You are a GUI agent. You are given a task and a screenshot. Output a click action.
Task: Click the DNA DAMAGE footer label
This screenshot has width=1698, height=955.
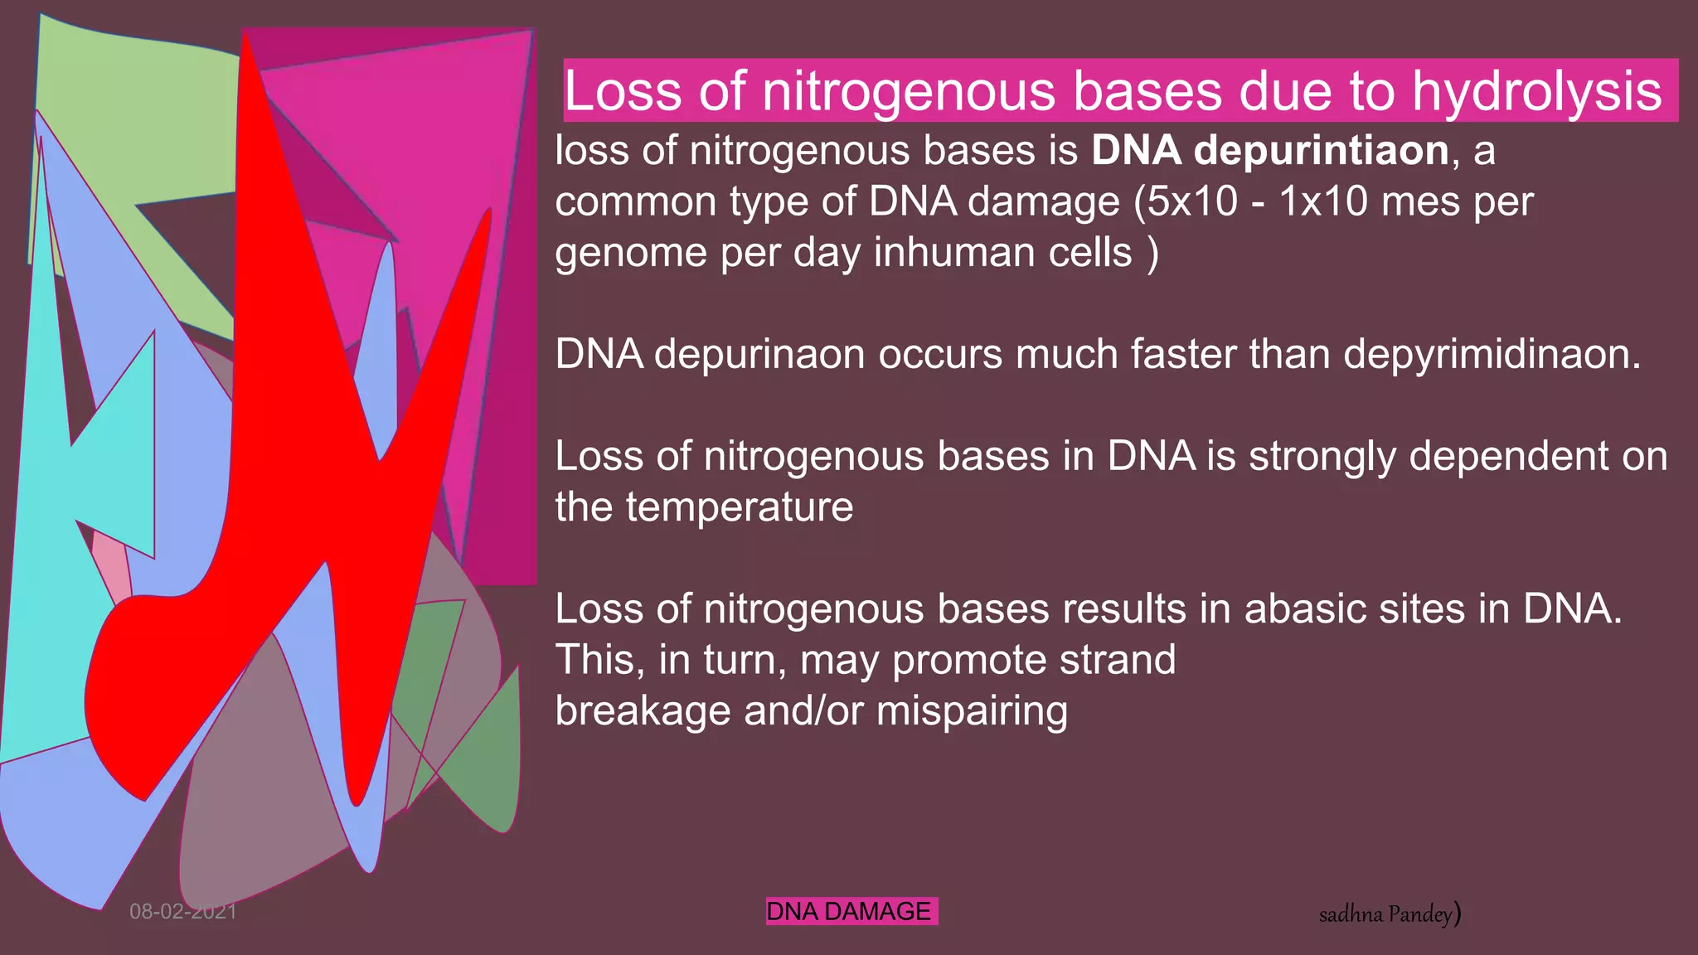point(851,911)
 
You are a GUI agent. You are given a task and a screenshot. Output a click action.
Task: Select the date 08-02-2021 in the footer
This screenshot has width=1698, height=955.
point(183,912)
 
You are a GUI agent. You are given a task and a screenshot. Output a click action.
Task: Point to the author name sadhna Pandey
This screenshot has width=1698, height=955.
point(1389,914)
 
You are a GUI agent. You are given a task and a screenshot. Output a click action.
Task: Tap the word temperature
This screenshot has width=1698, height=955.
point(739,507)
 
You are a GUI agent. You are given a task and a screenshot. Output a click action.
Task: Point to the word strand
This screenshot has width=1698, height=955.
point(1118,661)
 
